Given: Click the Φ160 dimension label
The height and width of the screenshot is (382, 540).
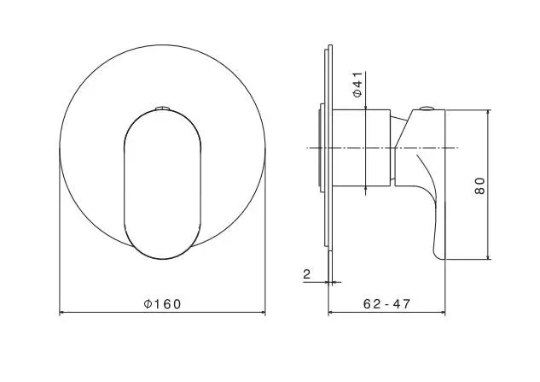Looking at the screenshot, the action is [162, 304].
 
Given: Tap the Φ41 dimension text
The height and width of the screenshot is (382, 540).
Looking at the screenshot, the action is [357, 85].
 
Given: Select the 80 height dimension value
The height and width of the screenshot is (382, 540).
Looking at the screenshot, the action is [479, 186].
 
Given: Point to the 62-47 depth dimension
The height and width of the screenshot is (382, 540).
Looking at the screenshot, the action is [387, 304].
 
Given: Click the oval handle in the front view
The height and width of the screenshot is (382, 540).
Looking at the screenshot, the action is [162, 185].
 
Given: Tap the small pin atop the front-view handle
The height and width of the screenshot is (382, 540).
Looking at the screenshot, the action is [162, 108].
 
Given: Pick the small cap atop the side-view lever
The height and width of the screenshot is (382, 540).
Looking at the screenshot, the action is [427, 109].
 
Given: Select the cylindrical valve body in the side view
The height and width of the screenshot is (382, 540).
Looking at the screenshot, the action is [361, 148].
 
